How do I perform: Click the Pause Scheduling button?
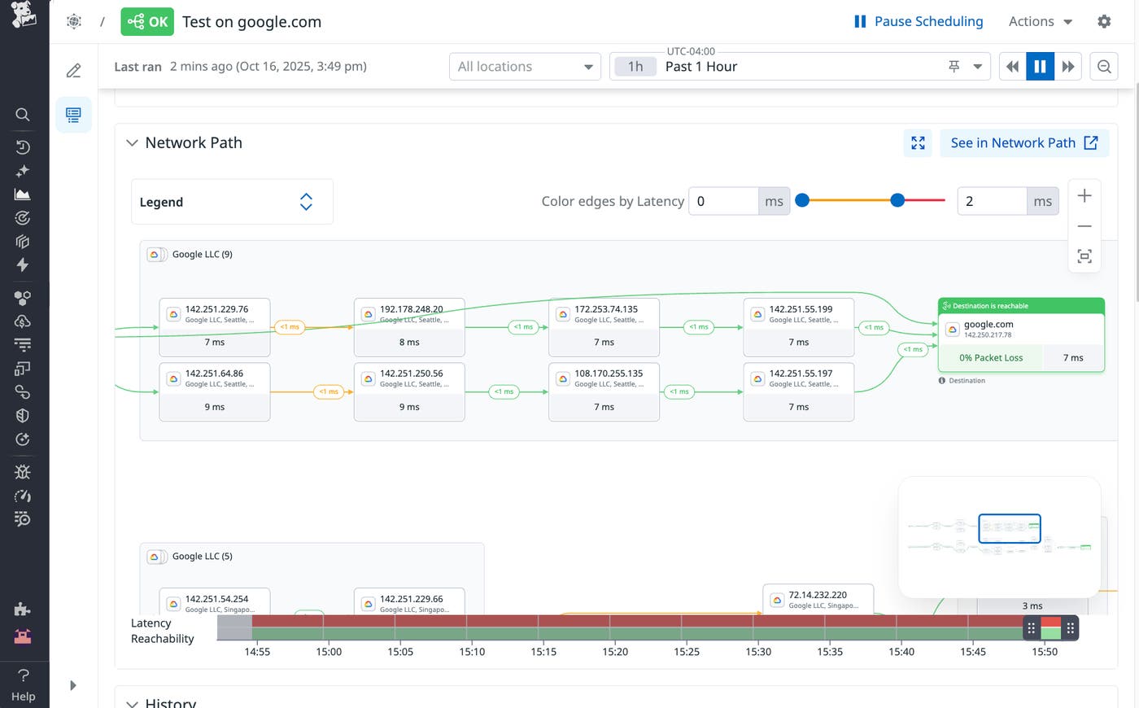coord(918,22)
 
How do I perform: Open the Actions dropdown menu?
coord(1041,22)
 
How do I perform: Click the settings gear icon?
coord(1103,22)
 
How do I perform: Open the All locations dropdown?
coord(525,67)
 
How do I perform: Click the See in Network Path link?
coord(1023,143)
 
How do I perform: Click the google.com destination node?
coord(1020,329)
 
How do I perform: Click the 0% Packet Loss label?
coord(990,358)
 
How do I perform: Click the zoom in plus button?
coord(1084,196)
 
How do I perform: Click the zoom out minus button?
coord(1084,226)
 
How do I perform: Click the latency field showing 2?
coord(991,201)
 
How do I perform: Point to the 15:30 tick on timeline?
coord(757,652)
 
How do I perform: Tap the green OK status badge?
coord(147,22)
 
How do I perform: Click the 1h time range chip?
coord(635,67)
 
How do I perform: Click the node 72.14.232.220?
coord(818,599)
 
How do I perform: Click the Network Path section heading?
coord(193,143)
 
